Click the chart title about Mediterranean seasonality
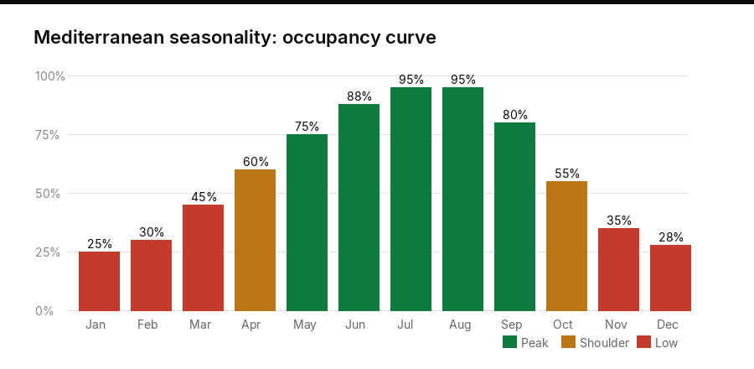pos(235,38)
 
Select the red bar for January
pos(99,281)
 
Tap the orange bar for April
pos(255,240)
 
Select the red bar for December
pos(670,278)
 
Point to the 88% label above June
pos(359,96)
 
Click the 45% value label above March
pos(203,197)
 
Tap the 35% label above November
pos(618,221)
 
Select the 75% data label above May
pos(307,127)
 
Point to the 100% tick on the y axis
pos(49,76)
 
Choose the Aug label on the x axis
pos(462,325)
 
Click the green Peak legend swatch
pos(509,342)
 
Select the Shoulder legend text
pos(604,342)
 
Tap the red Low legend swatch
pos(643,342)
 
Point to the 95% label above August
pos(462,80)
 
